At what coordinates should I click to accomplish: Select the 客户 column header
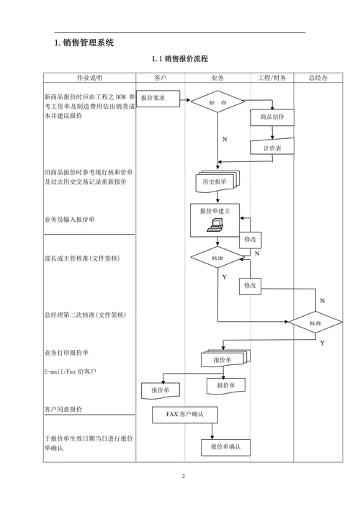161,78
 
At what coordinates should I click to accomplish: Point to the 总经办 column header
318,78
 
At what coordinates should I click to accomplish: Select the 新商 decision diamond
217,104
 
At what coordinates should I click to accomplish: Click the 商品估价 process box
271,117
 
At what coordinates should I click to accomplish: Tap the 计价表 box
271,148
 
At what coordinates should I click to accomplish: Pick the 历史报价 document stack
216,183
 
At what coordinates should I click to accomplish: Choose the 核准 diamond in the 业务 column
217,258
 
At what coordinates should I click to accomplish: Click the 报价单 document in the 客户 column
160,389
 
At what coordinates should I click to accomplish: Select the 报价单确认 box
225,447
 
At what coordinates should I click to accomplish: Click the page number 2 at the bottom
183,477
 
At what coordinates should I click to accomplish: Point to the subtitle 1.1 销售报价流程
179,58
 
